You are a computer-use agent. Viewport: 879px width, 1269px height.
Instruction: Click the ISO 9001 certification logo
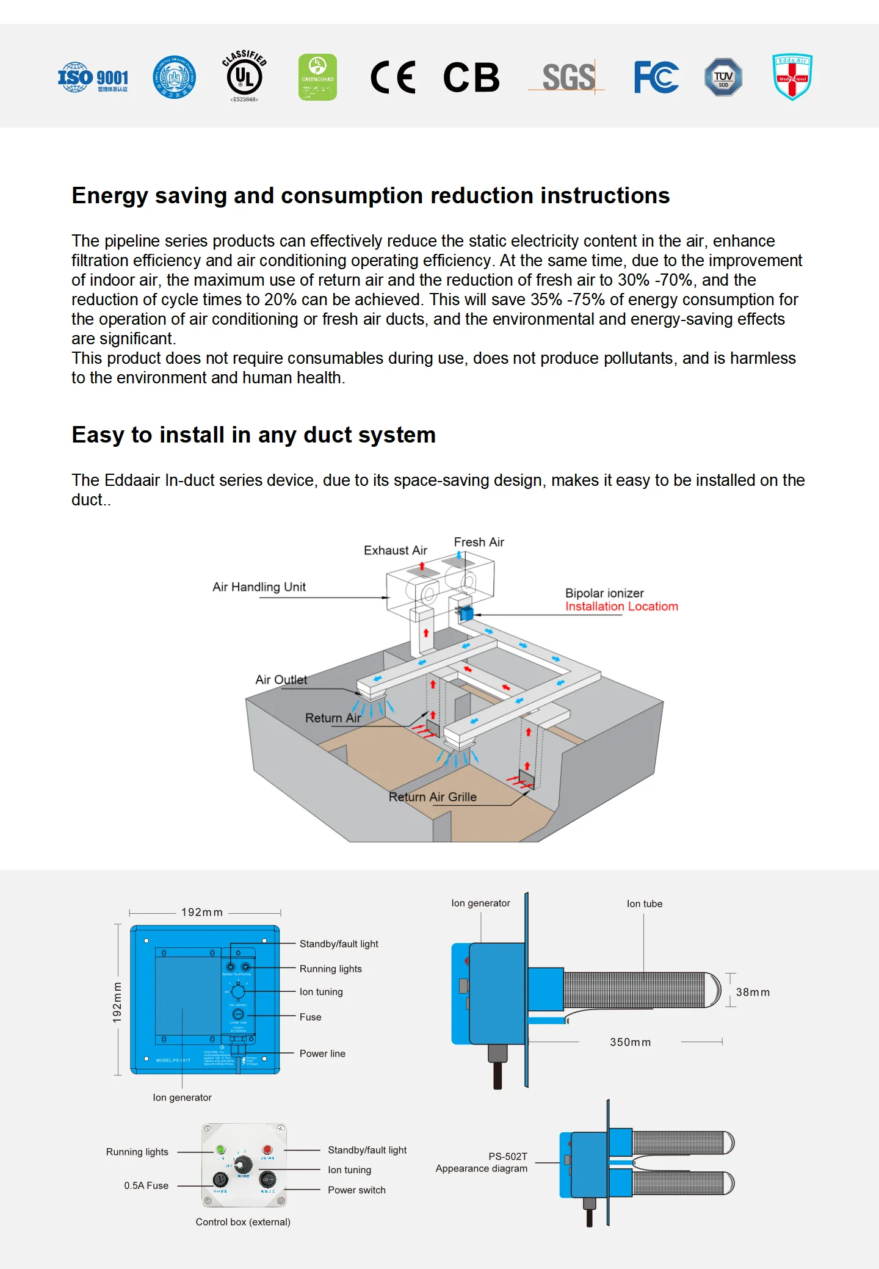93,78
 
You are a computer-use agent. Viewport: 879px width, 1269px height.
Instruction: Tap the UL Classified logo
244,76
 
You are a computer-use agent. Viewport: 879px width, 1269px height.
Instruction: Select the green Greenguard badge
317,77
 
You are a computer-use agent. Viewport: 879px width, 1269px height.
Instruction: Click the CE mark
393,78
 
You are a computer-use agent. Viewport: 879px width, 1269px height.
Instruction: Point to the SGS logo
568,78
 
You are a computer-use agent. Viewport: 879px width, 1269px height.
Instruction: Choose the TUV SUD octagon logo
723,78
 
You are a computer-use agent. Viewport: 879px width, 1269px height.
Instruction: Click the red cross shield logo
792,77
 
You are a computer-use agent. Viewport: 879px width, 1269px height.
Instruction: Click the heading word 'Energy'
110,196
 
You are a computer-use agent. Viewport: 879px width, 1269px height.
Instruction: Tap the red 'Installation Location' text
621,607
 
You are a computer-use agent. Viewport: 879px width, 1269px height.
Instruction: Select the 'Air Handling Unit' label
259,587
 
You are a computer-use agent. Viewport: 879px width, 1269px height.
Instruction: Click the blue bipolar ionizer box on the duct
466,613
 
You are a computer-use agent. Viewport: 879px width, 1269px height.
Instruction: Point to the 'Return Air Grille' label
432,797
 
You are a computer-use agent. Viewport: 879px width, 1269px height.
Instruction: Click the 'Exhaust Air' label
395,551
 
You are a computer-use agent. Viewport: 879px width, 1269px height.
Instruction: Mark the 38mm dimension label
753,992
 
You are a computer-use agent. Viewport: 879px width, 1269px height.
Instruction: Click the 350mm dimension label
630,1043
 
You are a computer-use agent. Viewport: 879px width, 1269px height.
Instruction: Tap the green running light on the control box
220,1150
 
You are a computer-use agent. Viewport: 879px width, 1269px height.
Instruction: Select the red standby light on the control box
267,1150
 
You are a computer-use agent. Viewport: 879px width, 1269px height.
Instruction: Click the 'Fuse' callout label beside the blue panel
310,1017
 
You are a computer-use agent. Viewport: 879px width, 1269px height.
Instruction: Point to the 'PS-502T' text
508,1157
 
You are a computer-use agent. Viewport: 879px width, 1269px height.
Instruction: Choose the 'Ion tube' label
644,904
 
